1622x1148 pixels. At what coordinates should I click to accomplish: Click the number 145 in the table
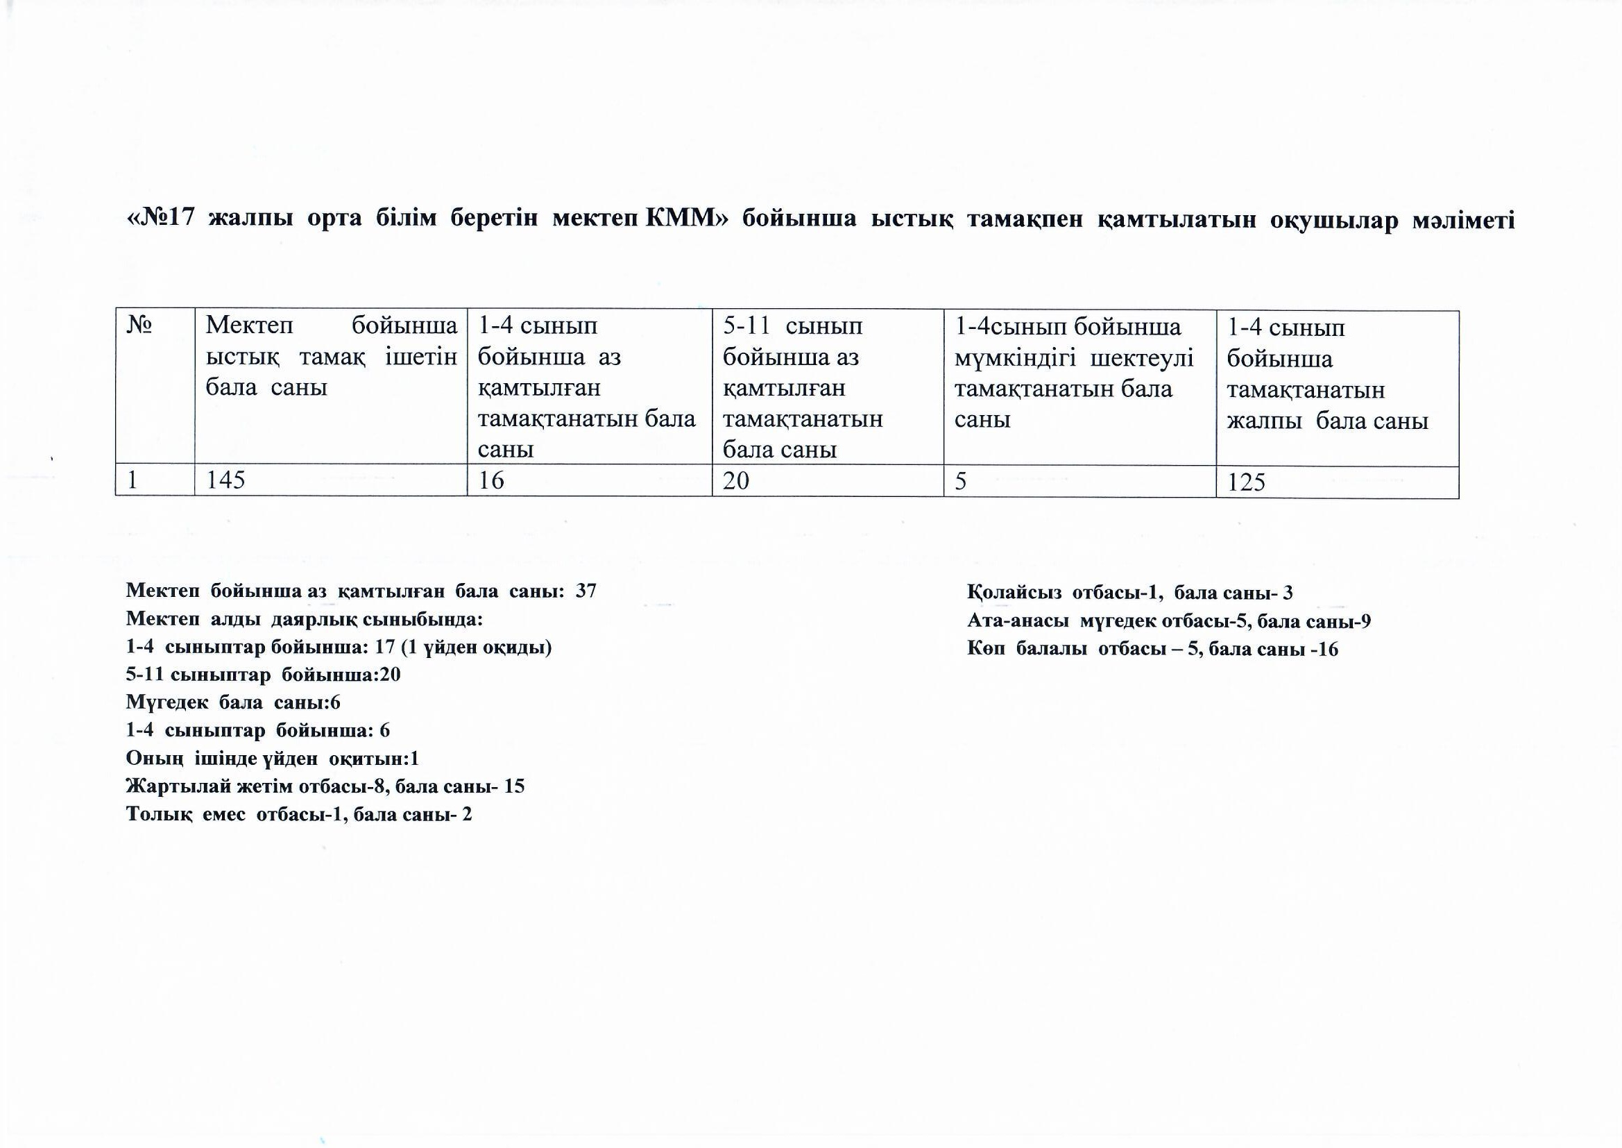click(226, 481)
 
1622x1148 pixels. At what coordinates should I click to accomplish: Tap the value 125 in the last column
click(1246, 483)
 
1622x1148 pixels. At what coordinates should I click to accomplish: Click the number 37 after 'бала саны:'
click(586, 591)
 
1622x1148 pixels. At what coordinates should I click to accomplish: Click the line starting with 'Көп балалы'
click(1152, 649)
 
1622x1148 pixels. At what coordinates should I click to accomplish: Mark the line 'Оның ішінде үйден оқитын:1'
click(273, 759)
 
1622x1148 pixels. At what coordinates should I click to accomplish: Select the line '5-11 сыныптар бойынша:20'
click(263, 675)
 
